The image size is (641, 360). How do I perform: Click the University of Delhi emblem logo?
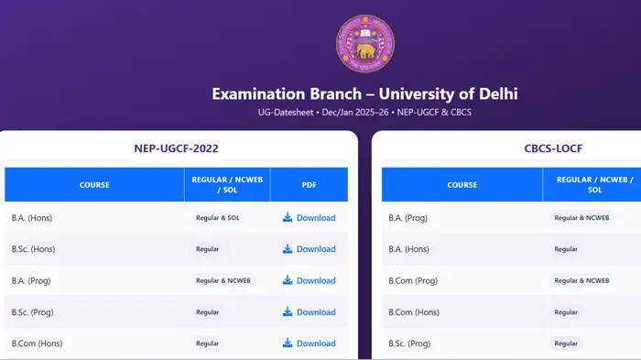(x=365, y=46)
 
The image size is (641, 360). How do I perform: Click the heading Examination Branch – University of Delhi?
(x=365, y=93)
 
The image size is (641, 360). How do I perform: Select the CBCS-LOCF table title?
(x=554, y=148)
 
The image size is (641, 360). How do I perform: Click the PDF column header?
(x=309, y=185)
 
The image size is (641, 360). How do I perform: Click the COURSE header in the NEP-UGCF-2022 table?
(x=94, y=185)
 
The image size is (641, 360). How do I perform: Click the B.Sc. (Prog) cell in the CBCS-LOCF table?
(x=409, y=344)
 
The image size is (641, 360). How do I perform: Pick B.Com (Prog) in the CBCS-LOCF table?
(x=413, y=280)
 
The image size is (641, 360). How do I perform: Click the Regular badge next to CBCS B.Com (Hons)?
(x=566, y=312)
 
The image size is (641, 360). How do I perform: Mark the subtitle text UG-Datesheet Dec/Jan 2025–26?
(x=365, y=113)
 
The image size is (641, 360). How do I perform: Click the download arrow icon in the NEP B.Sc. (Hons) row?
(x=288, y=249)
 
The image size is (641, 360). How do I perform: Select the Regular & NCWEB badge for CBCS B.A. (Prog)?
(x=581, y=218)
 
